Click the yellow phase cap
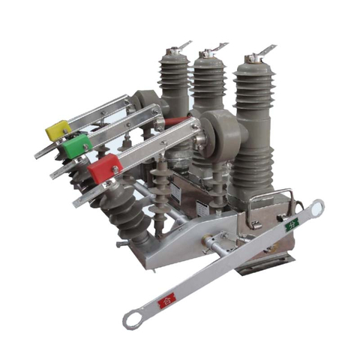[58, 130]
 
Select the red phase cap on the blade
[104, 168]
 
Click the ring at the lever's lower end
[132, 321]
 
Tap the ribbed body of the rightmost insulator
[253, 127]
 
